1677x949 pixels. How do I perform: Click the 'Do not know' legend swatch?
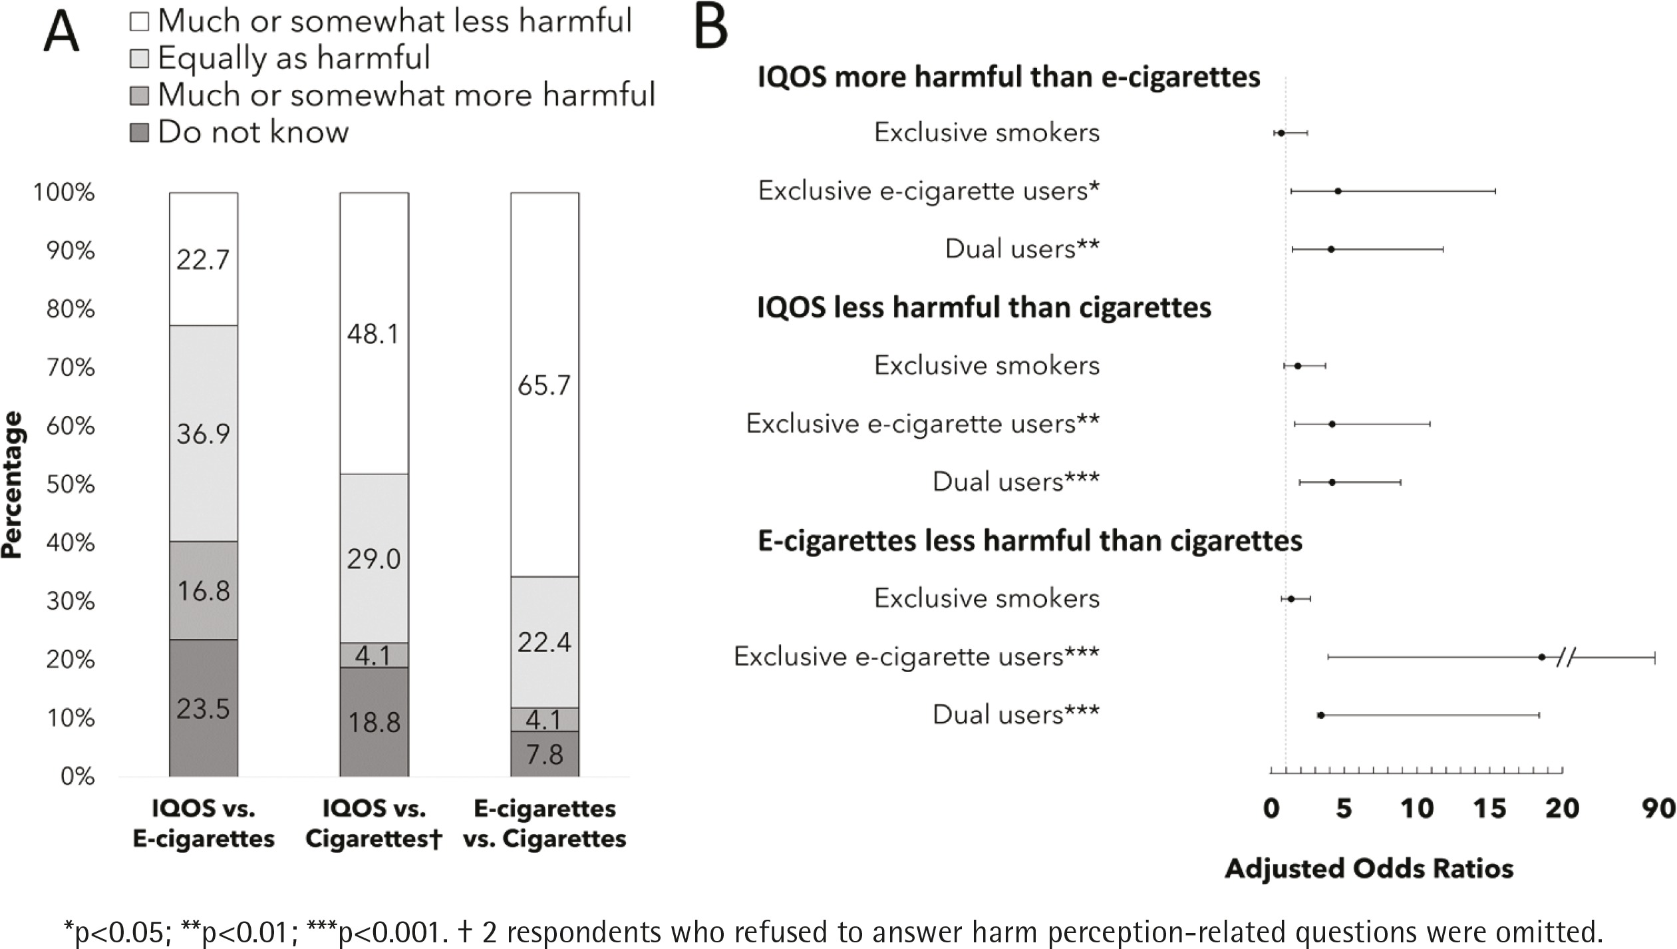[139, 132]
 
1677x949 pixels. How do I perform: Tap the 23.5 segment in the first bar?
[204, 707]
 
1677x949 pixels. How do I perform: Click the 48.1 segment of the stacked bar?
[374, 333]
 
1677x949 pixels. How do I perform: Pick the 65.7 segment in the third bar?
[544, 385]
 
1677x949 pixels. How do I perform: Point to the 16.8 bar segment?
[204, 590]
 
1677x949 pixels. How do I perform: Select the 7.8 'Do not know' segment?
[544, 753]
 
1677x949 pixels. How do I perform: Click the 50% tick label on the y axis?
[71, 484]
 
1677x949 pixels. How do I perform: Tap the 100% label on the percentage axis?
[64, 192]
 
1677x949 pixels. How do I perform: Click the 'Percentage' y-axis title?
[13, 484]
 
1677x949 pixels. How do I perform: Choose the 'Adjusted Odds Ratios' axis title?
[1369, 868]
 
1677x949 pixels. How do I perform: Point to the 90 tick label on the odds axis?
[1658, 808]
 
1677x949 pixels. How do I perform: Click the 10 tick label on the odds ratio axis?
[1417, 808]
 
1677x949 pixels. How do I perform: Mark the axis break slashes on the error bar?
[1567, 658]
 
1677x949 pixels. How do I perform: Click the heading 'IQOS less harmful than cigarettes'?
[984, 307]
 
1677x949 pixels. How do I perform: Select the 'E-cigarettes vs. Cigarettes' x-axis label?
[544, 823]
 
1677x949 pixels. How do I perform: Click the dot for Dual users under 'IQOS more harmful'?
[1331, 250]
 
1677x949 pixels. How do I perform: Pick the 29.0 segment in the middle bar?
[374, 558]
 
